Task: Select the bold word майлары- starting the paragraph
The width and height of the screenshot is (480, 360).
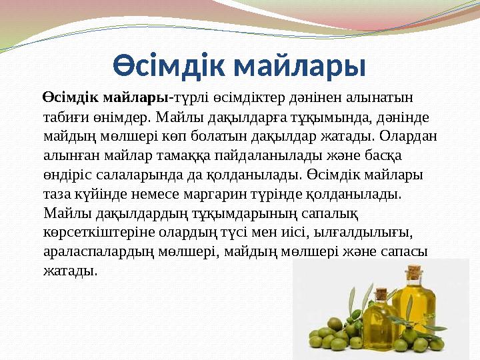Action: (x=137, y=98)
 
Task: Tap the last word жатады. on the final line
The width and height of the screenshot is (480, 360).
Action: (x=69, y=271)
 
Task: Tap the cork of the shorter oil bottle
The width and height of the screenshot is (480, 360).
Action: (x=381, y=293)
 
